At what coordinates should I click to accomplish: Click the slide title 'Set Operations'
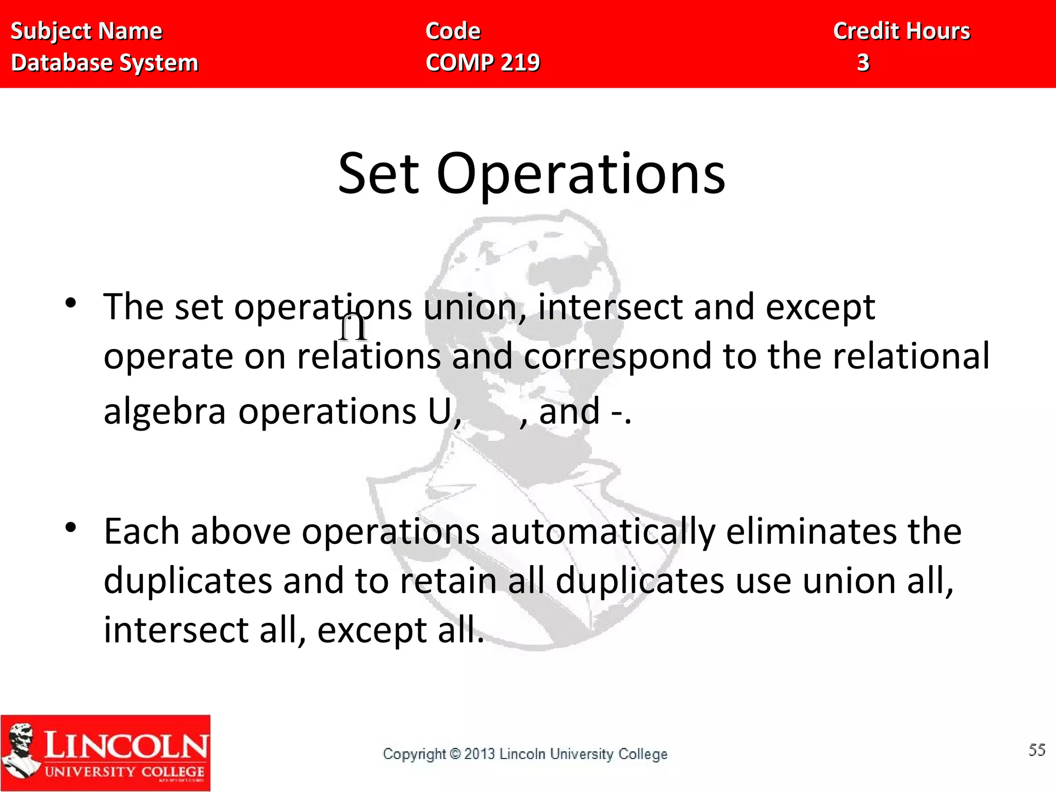point(531,174)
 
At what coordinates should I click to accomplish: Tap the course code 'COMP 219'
point(483,63)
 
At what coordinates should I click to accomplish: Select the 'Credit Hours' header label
point(901,31)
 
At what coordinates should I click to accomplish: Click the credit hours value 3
point(863,63)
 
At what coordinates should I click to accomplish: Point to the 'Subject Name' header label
point(87,31)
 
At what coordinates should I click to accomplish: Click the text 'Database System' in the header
point(105,63)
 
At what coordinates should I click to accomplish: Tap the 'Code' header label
point(453,31)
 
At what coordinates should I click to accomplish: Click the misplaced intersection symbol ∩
point(354,328)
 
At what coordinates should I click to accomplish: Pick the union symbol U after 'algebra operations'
point(440,411)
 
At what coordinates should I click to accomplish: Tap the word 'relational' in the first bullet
point(911,356)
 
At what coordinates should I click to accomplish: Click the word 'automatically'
point(603,532)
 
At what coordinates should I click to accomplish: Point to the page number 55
point(1037,750)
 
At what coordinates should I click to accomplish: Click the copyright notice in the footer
point(525,754)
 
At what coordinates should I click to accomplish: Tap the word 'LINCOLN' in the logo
point(125,746)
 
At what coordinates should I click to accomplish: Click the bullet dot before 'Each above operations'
point(71,527)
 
